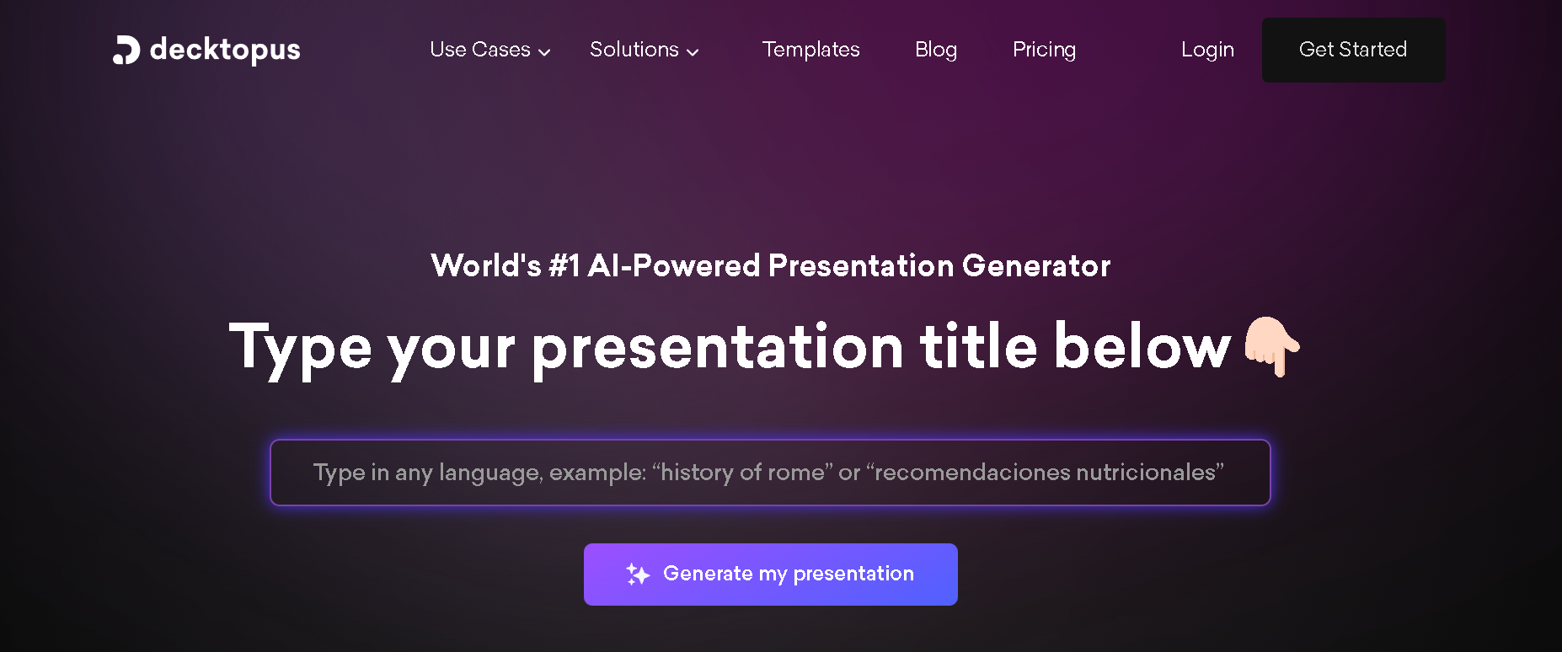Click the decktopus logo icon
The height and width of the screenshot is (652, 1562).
(126, 50)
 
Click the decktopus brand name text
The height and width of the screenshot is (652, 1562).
(225, 50)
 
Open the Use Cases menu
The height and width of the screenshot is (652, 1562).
(480, 50)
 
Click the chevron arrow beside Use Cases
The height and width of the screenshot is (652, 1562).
(544, 52)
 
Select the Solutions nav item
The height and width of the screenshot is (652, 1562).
(634, 50)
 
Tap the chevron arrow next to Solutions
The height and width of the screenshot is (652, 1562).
(693, 52)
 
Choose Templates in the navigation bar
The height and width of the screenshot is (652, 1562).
(810, 50)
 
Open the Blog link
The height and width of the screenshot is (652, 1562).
(936, 50)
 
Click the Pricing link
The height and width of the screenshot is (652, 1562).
(1044, 50)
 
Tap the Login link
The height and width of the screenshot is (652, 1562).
(1207, 50)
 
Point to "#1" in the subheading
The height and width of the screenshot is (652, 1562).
(564, 266)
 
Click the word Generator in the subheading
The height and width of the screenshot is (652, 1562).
(1036, 266)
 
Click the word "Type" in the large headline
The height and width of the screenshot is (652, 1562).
(300, 347)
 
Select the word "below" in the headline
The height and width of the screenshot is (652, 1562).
(1142, 347)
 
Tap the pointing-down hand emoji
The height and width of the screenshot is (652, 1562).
(1272, 346)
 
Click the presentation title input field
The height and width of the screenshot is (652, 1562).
(770, 473)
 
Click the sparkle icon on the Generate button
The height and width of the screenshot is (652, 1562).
(638, 575)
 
